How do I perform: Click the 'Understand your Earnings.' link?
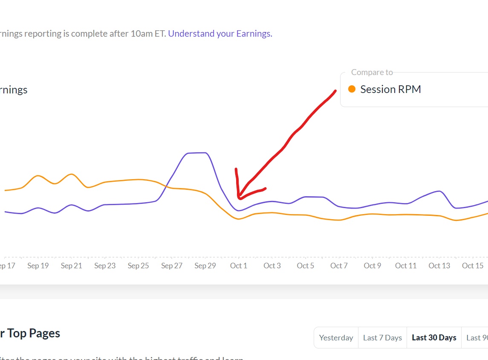pyautogui.click(x=220, y=34)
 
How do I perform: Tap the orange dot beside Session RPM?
pyautogui.click(x=352, y=89)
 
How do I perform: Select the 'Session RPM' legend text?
pyautogui.click(x=390, y=89)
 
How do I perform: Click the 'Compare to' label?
pyautogui.click(x=372, y=73)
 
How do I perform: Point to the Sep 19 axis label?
pyautogui.click(x=38, y=266)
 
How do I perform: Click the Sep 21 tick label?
pyautogui.click(x=71, y=266)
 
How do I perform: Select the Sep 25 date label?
pyautogui.click(x=139, y=266)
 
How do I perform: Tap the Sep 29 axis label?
pyautogui.click(x=205, y=266)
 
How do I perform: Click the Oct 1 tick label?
pyautogui.click(x=239, y=266)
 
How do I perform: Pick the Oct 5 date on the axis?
pyautogui.click(x=306, y=266)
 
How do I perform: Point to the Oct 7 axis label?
pyautogui.click(x=339, y=266)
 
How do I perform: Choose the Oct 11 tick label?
pyautogui.click(x=406, y=266)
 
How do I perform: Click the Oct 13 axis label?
pyautogui.click(x=439, y=266)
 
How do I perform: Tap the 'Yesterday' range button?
pyautogui.click(x=336, y=338)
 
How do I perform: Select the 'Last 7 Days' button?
pyautogui.click(x=382, y=338)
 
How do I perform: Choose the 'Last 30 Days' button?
pyautogui.click(x=434, y=338)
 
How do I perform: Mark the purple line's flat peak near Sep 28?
pyautogui.click(x=197, y=153)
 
